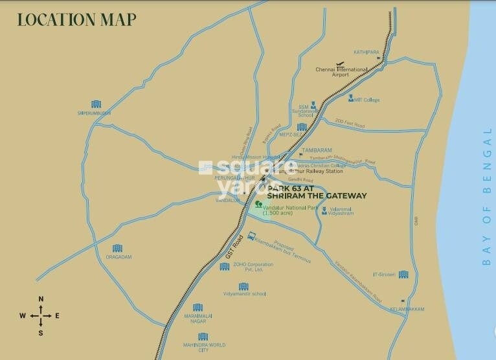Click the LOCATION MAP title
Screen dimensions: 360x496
click(x=76, y=19)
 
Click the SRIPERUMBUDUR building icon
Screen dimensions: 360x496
click(x=95, y=104)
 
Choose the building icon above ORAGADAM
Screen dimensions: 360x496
click(x=117, y=248)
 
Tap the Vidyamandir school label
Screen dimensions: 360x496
click(x=245, y=293)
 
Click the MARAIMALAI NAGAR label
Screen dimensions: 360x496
click(x=197, y=319)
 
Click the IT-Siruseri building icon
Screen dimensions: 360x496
click(x=403, y=274)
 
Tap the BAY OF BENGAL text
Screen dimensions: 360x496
click(x=487, y=197)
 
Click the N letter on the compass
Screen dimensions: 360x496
click(x=41, y=299)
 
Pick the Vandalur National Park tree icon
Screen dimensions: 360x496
click(x=259, y=205)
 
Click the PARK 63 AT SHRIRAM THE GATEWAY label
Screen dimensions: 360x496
click(x=317, y=192)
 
